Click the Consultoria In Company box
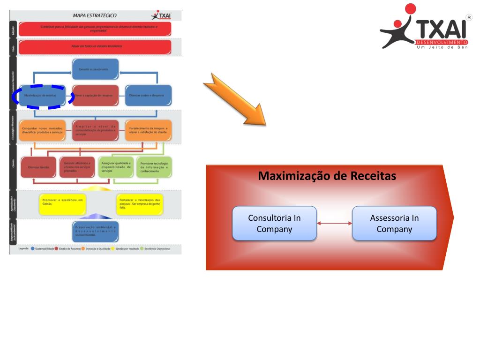click(x=275, y=224)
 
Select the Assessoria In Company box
click(x=394, y=224)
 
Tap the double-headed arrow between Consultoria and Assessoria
click(x=334, y=224)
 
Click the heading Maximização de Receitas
click(x=327, y=176)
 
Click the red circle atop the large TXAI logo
click(x=410, y=9)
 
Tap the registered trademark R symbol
click(x=468, y=17)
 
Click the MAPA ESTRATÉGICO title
click(x=95, y=15)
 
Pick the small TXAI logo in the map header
click(x=162, y=15)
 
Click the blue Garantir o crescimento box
click(x=95, y=69)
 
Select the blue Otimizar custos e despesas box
click(x=148, y=95)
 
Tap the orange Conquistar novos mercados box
click(x=43, y=130)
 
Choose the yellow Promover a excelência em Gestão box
click(x=62, y=202)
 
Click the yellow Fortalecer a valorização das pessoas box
click(x=140, y=202)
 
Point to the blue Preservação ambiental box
click(x=95, y=230)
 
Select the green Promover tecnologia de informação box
click(x=154, y=167)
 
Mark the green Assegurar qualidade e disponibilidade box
click(x=115, y=167)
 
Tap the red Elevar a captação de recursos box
click(x=95, y=95)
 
